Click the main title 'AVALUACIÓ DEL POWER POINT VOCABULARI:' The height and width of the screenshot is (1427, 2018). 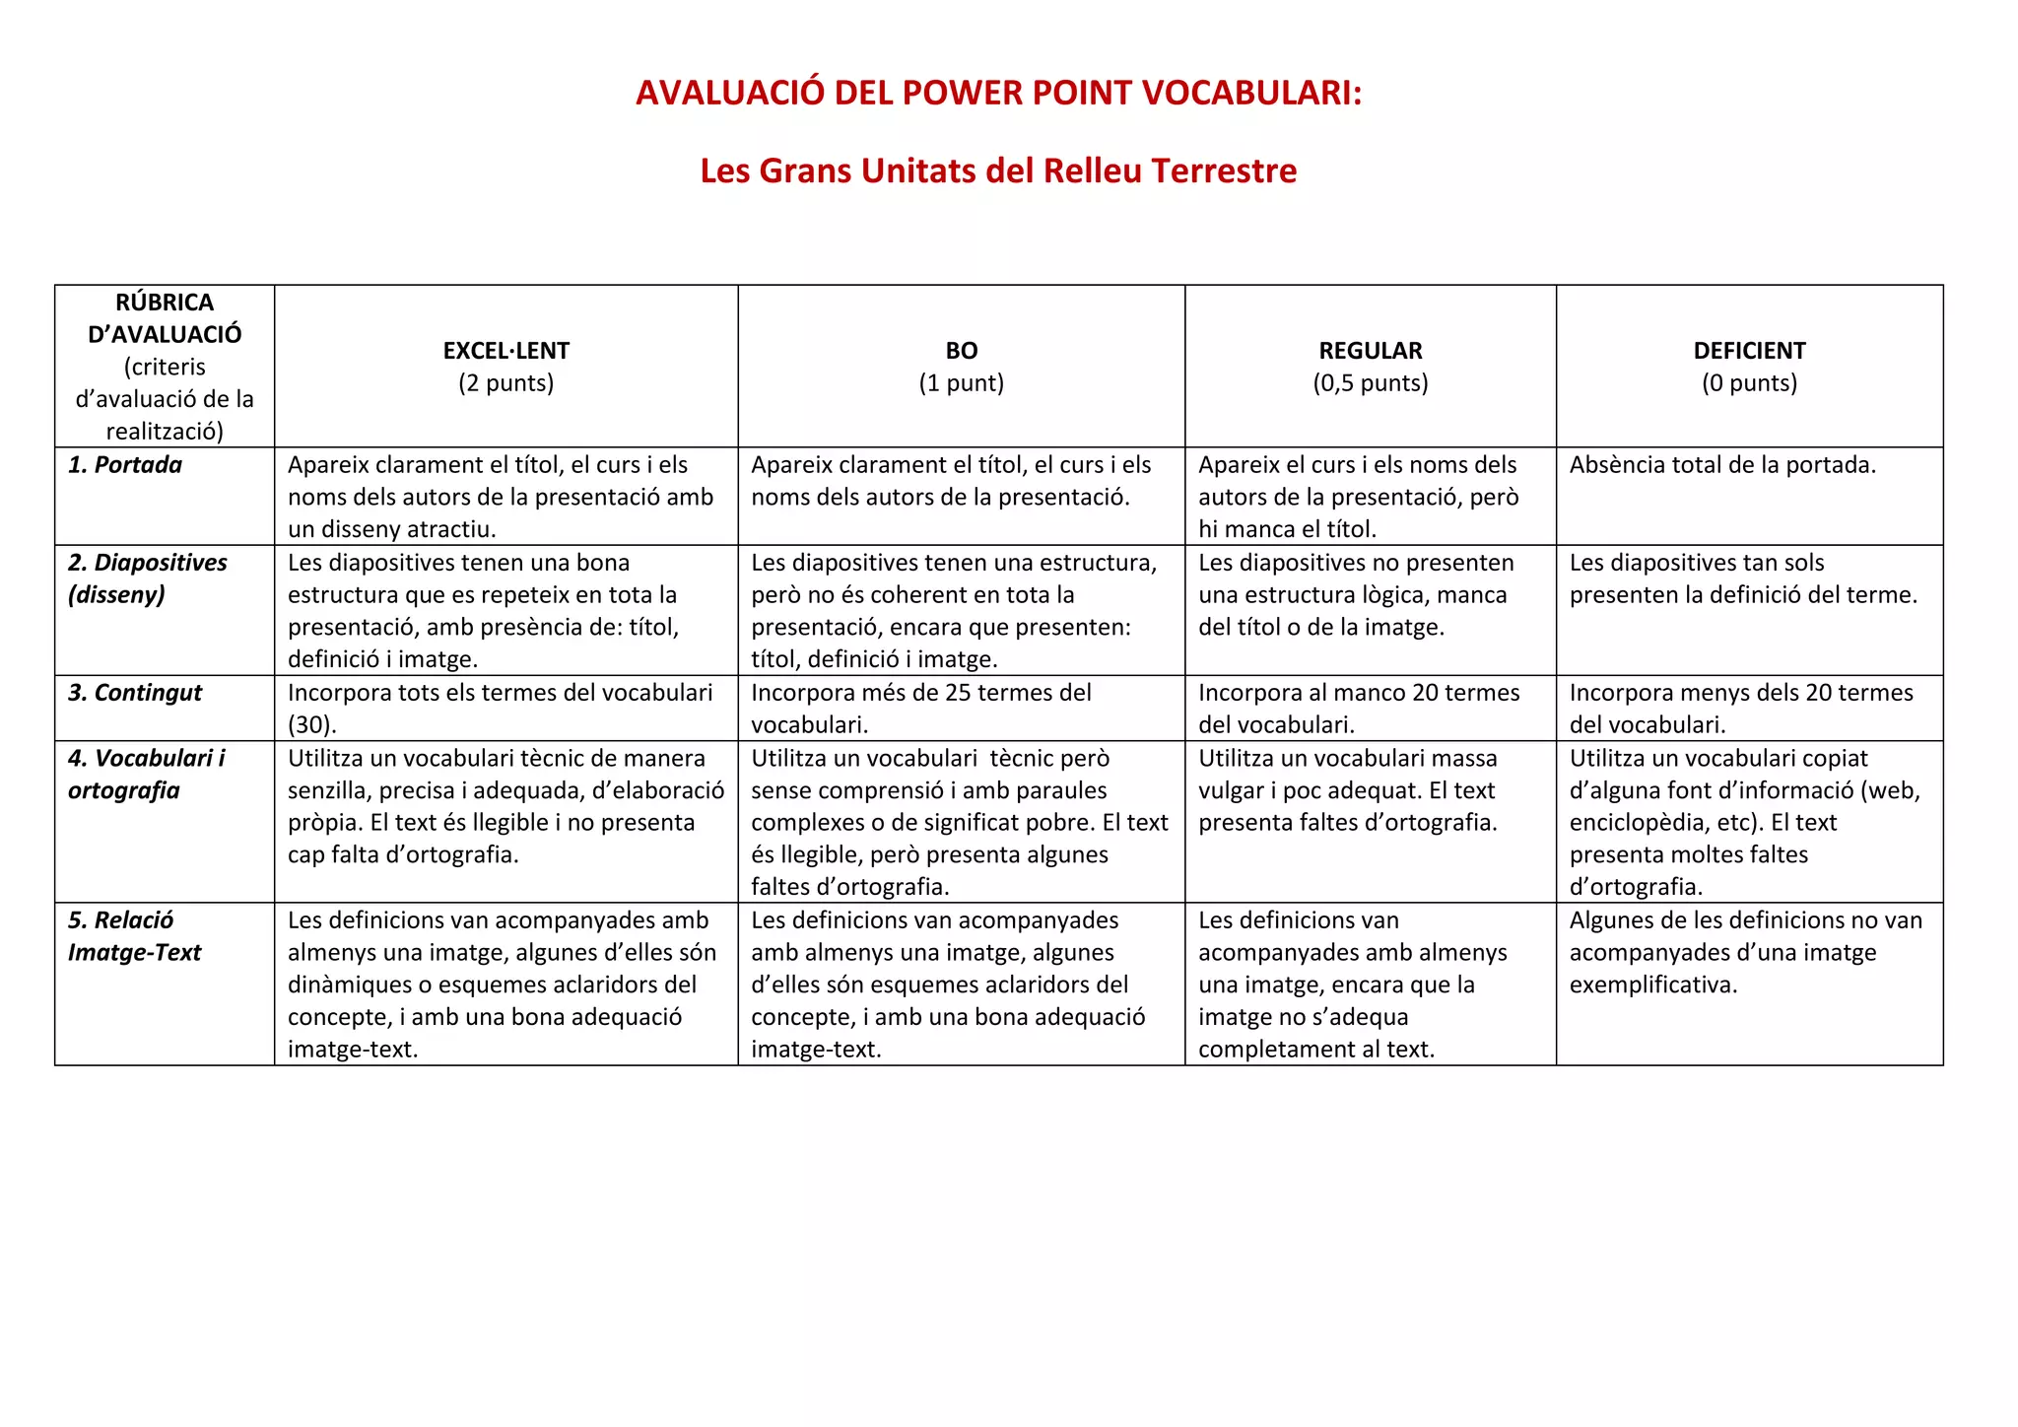[998, 93]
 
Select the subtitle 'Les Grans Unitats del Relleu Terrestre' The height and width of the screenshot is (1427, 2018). [998, 170]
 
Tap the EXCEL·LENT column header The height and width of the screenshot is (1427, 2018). [505, 351]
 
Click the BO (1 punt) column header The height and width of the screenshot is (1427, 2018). [961, 366]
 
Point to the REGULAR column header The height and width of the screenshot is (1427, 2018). [1370, 351]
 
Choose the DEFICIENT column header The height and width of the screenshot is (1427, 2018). [1749, 351]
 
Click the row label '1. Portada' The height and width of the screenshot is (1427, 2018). [125, 465]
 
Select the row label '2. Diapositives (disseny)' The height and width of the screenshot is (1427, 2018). [147, 578]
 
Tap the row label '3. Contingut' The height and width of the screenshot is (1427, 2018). [135, 693]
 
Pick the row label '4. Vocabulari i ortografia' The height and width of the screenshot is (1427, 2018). [146, 774]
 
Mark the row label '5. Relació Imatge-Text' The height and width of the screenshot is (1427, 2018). [134, 936]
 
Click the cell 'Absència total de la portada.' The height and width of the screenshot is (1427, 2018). [1722, 465]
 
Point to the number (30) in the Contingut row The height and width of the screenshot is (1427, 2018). [312, 725]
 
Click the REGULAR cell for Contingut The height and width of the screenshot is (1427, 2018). [1359, 708]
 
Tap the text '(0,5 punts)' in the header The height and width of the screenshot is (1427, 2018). [1370, 383]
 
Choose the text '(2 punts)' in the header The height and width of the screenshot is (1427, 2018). [505, 383]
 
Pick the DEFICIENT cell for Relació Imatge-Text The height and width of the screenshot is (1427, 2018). [1745, 952]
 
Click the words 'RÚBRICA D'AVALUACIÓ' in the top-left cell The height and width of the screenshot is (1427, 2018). [165, 318]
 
